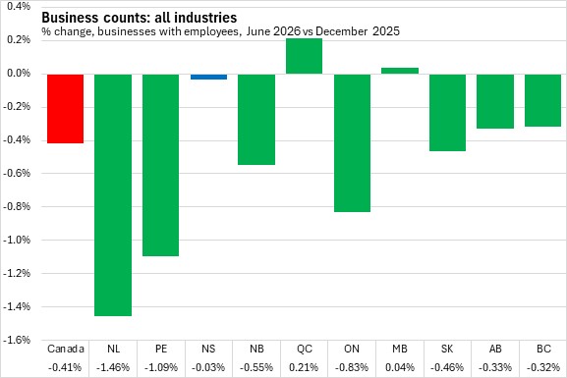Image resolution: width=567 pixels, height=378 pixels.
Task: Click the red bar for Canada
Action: point(65,109)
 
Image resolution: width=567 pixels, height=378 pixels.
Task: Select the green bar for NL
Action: point(113,195)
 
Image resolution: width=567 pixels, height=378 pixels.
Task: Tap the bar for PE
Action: point(160,165)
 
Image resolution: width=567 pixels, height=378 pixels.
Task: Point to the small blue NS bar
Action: point(208,77)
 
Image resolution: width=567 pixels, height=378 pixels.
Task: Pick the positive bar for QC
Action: point(304,56)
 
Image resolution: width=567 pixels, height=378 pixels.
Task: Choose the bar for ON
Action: point(352,143)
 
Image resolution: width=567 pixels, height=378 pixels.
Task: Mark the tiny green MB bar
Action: point(400,71)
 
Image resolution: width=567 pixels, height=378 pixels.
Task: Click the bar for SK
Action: point(448,112)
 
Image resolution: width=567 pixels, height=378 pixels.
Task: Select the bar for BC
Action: point(542,100)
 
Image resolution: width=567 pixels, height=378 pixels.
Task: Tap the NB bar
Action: point(256,120)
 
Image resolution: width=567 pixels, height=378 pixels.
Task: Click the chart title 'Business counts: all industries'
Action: point(140,18)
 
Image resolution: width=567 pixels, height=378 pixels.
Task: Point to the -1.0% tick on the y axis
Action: point(17,240)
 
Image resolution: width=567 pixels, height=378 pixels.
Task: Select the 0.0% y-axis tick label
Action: point(18,74)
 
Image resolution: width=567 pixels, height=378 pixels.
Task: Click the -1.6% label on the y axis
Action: point(17,340)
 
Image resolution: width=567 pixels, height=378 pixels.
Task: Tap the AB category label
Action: point(495,349)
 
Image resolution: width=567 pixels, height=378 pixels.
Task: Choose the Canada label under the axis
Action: point(66,349)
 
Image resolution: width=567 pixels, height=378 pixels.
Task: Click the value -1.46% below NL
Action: point(113,367)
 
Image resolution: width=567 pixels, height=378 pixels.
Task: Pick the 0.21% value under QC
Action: point(304,367)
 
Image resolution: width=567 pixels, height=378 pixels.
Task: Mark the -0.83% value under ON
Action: point(352,367)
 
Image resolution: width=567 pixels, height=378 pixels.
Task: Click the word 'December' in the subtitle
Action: point(342,31)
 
